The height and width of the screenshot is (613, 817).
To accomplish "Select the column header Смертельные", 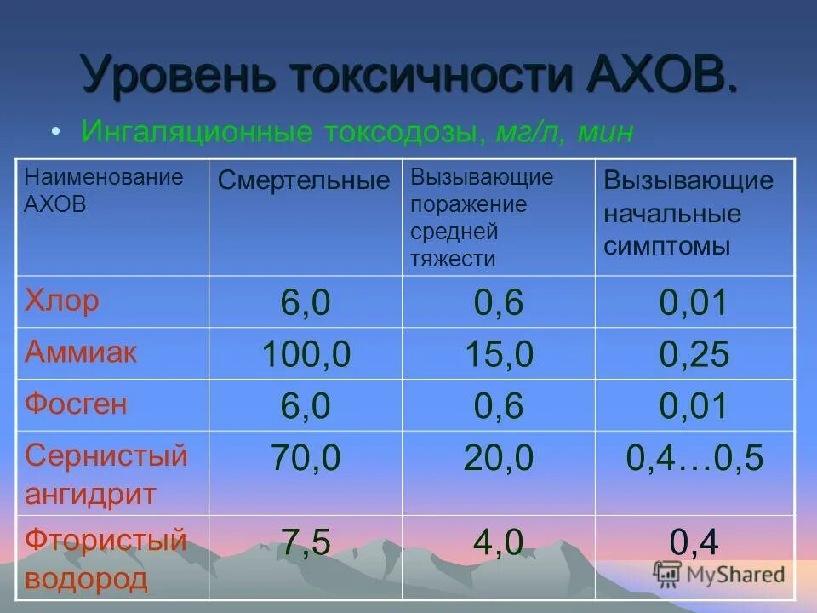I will [304, 180].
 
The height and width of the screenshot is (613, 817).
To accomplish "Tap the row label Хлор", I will [62, 301].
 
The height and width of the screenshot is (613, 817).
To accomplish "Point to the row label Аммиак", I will [81, 352].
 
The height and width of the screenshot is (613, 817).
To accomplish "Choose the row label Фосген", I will [77, 404].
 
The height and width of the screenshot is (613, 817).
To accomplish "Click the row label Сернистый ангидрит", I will [106, 473].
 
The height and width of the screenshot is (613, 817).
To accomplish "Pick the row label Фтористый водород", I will [106, 559].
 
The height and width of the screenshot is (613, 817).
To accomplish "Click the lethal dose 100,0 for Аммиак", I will [306, 355].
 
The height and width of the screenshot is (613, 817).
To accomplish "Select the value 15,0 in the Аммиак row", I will [498, 355].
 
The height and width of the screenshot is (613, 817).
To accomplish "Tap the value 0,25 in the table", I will [694, 355].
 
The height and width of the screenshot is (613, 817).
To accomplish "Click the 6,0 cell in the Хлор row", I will [306, 303].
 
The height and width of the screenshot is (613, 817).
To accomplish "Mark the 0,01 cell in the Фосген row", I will [694, 406].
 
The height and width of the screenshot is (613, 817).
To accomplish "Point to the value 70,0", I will [306, 458].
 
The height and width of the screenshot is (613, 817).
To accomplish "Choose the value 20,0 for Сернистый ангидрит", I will [498, 458].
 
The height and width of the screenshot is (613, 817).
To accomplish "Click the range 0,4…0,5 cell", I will [694, 458].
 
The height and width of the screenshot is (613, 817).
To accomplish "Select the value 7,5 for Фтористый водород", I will [306, 542].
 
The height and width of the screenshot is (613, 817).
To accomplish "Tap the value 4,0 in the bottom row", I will [498, 542].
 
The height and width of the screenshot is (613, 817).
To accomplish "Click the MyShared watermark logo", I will [720, 573].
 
